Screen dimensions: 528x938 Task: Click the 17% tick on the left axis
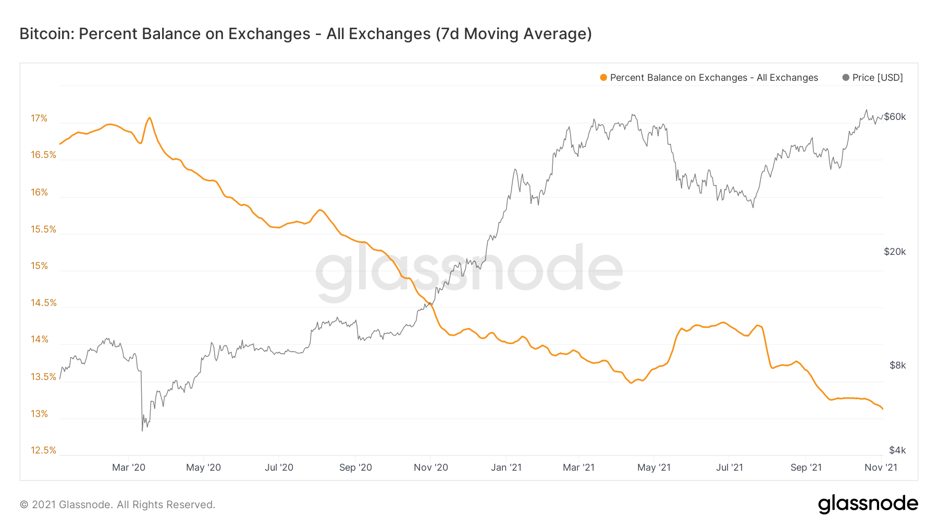[39, 118]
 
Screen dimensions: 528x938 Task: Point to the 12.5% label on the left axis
[43, 450]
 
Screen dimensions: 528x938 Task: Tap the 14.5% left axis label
[43, 303]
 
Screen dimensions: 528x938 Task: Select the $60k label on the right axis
[895, 117]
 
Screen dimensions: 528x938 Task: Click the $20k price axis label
[895, 252]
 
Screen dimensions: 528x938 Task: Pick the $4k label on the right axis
[897, 450]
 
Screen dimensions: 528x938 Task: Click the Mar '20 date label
[129, 468]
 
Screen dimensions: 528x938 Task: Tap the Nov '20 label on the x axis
[431, 468]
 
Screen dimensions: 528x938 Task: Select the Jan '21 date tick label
[506, 468]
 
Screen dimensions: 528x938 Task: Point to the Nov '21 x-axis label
[881, 468]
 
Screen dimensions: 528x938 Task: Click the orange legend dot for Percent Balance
[603, 78]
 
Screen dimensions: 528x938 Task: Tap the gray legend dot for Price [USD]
[846, 78]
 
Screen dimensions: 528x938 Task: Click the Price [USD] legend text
[878, 78]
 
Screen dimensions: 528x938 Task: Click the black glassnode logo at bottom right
[868, 504]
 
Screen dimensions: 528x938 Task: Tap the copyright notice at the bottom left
[117, 505]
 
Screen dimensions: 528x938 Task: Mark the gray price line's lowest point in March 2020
[142, 431]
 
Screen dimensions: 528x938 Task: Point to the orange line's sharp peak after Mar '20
[150, 118]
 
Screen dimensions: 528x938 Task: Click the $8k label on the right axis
[897, 365]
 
